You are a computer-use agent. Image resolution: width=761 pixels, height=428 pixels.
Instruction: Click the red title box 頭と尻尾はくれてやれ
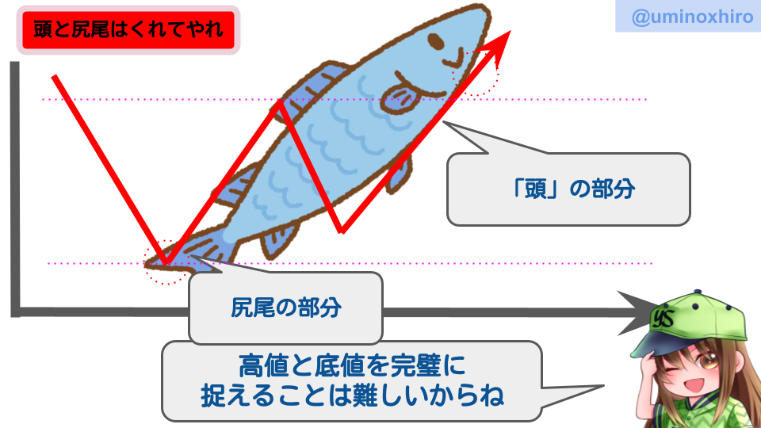tap(128, 29)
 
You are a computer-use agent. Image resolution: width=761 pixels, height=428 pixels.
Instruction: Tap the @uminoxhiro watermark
tap(692, 17)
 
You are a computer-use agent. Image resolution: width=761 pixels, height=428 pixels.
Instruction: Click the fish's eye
tap(435, 41)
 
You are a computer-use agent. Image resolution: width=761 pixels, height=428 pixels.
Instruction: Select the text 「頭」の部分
tap(573, 189)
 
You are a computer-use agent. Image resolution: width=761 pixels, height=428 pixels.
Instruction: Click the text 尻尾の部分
tap(286, 308)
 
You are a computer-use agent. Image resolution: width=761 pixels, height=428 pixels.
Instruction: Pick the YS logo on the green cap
tap(663, 319)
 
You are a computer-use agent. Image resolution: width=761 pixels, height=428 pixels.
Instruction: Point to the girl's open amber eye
tap(706, 361)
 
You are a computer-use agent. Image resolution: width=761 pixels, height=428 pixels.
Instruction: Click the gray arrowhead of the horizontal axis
tap(637, 312)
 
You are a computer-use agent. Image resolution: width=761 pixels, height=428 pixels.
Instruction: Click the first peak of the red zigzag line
tap(279, 101)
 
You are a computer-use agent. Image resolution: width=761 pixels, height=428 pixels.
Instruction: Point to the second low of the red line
tap(342, 231)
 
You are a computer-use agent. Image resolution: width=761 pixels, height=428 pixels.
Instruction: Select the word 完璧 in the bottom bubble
tap(416, 366)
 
